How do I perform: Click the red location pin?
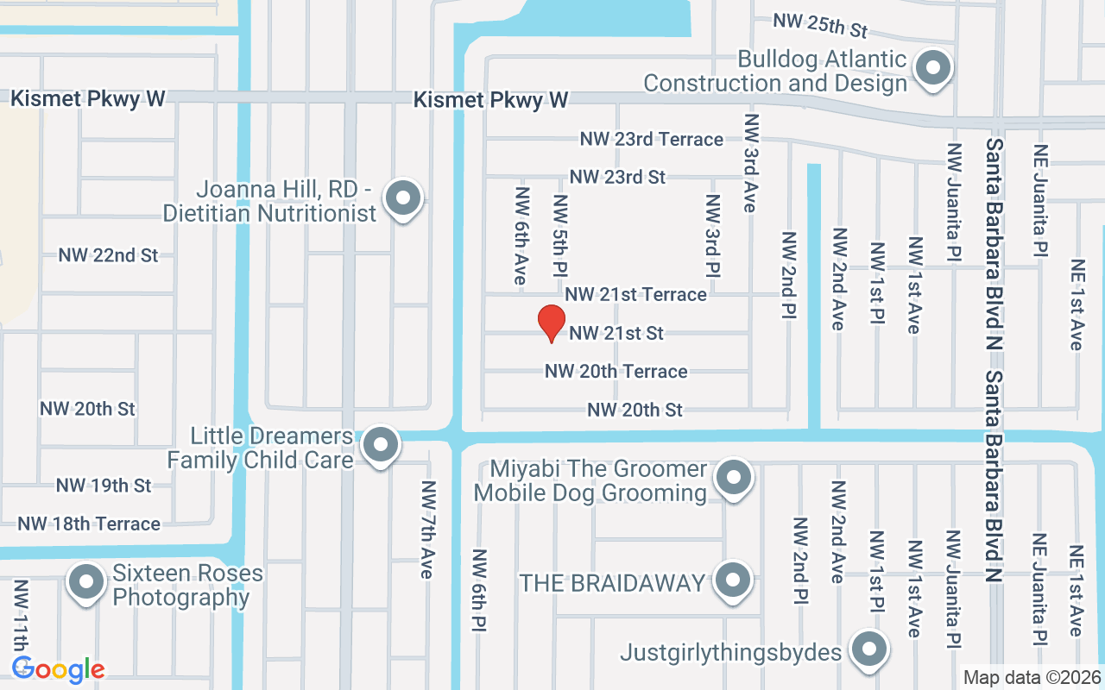[551, 323]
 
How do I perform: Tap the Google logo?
[58, 669]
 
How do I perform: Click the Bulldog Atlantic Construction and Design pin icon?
[932, 69]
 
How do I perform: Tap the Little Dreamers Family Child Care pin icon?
[378, 446]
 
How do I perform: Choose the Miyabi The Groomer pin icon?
[734, 477]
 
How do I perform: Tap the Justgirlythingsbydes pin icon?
[868, 649]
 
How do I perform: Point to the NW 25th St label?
[819, 25]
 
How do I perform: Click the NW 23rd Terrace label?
[652, 139]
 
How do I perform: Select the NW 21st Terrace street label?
[636, 294]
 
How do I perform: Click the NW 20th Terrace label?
[616, 371]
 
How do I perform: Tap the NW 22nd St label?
[108, 255]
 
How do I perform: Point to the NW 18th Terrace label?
[89, 524]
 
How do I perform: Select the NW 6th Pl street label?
[479, 590]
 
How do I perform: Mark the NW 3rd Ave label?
[750, 163]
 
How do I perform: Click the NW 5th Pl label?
[560, 236]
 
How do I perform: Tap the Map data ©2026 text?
[1032, 677]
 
